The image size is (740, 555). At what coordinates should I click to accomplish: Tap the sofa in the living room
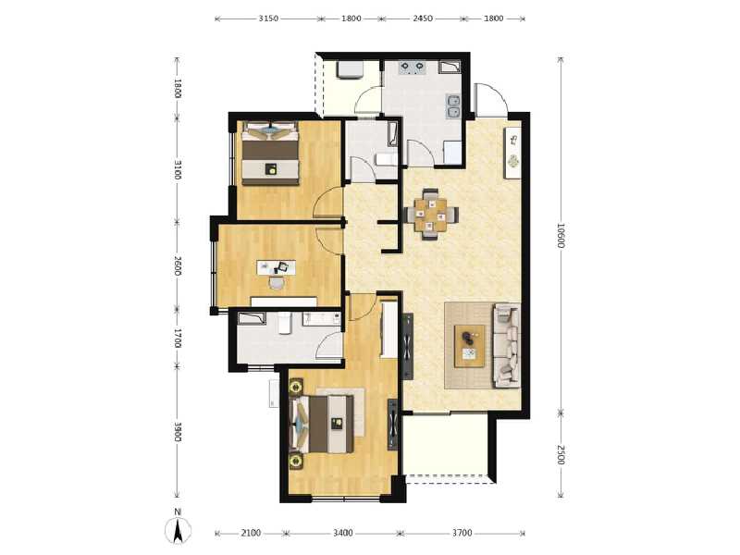tap(506, 344)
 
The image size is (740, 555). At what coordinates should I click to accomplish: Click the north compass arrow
tap(179, 531)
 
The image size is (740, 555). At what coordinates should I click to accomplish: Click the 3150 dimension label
tap(268, 18)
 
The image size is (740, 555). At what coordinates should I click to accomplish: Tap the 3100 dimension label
tap(178, 170)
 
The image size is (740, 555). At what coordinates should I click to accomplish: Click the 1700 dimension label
tap(178, 337)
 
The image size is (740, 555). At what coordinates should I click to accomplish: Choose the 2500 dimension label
tap(561, 455)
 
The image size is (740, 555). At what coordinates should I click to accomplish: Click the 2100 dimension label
tap(251, 533)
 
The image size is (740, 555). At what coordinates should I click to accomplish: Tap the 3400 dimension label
tap(343, 533)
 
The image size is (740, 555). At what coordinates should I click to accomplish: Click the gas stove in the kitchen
tap(413, 67)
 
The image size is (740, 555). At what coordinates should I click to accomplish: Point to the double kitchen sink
tap(452, 108)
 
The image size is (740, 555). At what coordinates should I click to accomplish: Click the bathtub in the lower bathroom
tap(258, 320)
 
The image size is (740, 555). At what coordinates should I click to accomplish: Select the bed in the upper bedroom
tap(270, 158)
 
